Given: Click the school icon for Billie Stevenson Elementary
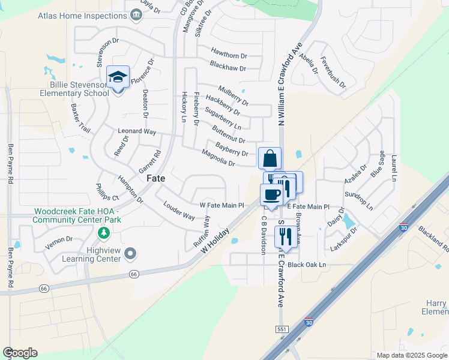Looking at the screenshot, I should tap(118, 77).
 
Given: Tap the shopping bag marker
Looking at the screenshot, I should tap(270, 158).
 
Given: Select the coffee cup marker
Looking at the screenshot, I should tap(271, 194).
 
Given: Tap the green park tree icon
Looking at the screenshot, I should tap(104, 232).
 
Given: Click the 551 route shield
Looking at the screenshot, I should tap(281, 329).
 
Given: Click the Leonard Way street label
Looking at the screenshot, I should tap(137, 131).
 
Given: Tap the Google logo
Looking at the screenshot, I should tap(20, 352).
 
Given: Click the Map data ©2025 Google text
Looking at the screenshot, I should tap(411, 355).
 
